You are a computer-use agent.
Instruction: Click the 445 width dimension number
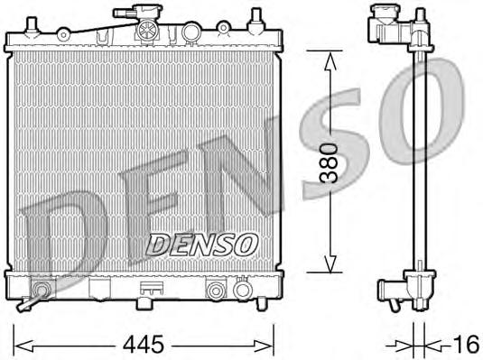(144, 344)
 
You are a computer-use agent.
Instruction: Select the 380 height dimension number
(331, 162)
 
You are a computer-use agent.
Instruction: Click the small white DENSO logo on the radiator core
(202, 244)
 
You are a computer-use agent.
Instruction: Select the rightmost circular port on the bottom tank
(243, 291)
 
